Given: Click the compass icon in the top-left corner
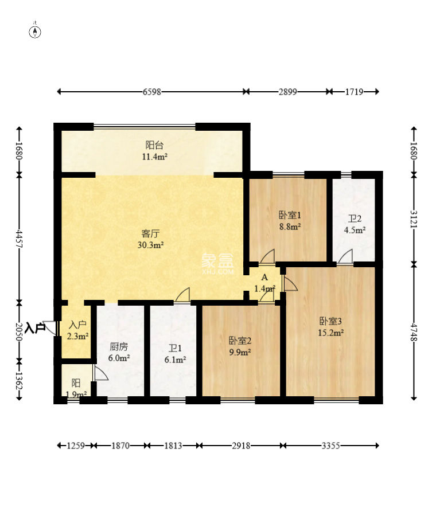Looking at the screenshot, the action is pos(36,31).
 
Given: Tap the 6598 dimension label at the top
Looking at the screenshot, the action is pos(152,92).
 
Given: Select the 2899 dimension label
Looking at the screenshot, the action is pos(288,92).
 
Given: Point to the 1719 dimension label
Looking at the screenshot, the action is pos(354,92).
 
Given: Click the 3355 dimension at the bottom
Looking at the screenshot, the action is pos(331,446).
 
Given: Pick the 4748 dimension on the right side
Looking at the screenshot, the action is pos(414,333).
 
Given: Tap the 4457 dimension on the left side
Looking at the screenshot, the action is pos(20,239).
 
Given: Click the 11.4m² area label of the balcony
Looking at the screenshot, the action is pos(155,157).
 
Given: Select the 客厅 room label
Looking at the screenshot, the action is pos(150,233).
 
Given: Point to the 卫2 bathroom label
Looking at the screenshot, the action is pos(355,219).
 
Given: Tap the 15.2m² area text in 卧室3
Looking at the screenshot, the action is pos(331,333).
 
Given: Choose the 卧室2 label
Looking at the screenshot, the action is pos(240,341).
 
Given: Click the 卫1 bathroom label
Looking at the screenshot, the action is pos(175,348).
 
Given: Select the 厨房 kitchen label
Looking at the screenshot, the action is pos(119,346).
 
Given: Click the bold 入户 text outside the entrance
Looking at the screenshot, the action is pos(35,327).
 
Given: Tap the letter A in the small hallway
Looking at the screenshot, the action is pos(264,278).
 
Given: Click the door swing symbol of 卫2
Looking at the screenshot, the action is pos(345,256).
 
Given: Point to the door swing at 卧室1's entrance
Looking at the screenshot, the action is pos(267,256).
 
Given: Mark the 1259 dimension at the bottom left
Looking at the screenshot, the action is pos(76,446).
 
